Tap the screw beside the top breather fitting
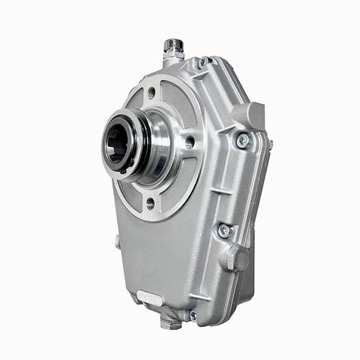point(202,62)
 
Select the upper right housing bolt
point(241,139)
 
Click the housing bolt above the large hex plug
point(223,230)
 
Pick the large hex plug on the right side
point(238,257)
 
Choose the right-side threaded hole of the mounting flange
point(190,142)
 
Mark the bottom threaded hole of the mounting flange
point(150,202)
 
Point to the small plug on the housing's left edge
point(118,241)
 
